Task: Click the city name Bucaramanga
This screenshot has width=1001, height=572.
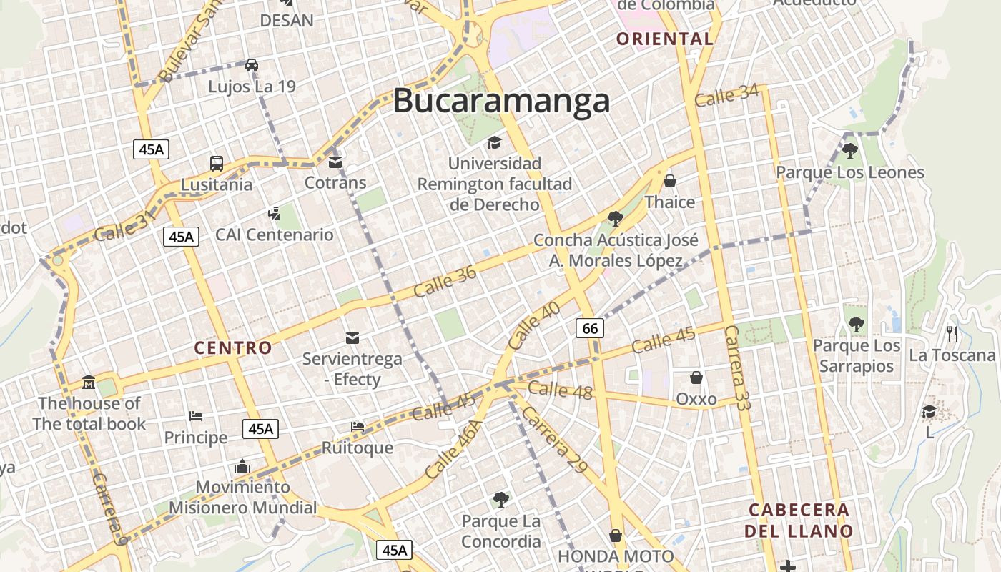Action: click(x=501, y=101)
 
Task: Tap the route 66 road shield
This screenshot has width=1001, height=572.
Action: click(x=590, y=328)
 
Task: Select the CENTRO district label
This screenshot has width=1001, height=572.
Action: click(x=233, y=348)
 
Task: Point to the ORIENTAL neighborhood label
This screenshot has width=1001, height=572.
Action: click(x=665, y=39)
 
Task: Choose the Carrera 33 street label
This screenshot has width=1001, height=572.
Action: click(x=737, y=368)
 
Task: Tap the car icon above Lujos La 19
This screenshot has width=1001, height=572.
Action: click(x=252, y=65)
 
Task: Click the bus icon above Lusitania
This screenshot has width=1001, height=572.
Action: click(x=217, y=163)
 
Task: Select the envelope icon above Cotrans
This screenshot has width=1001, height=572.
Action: click(x=335, y=162)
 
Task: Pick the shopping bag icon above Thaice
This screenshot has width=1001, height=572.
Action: click(x=670, y=181)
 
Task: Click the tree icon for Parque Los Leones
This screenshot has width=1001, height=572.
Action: click(x=849, y=151)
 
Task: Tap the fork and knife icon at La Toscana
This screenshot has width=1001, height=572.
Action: click(x=952, y=333)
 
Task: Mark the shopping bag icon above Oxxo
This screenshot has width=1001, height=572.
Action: click(x=696, y=378)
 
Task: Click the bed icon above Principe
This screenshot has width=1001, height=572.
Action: click(x=196, y=416)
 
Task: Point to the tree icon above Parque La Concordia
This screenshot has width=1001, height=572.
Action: click(x=501, y=499)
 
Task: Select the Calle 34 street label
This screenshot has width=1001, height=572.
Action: click(x=726, y=95)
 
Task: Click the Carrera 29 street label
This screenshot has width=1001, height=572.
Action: click(x=554, y=440)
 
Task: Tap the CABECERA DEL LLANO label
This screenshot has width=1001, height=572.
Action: click(x=799, y=521)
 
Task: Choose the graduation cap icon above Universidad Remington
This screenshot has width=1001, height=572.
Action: click(x=494, y=143)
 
